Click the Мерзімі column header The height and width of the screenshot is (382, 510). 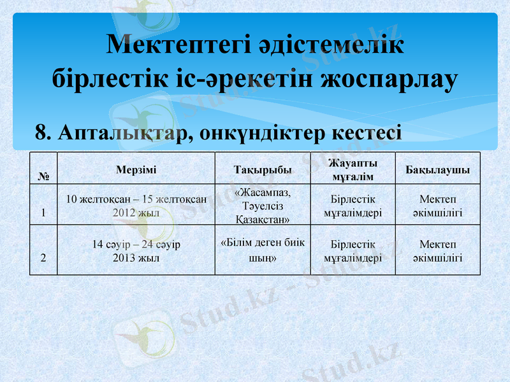(x=136, y=169)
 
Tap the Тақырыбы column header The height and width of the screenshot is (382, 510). (x=263, y=170)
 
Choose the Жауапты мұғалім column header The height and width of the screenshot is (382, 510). (x=353, y=169)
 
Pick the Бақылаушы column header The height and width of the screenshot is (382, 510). (x=437, y=170)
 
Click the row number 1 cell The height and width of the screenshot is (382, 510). (x=43, y=213)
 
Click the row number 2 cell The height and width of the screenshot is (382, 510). (x=43, y=258)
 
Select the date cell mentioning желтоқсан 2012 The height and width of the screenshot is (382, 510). (x=136, y=206)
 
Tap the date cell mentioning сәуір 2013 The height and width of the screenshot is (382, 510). (x=136, y=251)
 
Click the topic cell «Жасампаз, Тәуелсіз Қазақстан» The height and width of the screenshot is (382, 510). (x=263, y=206)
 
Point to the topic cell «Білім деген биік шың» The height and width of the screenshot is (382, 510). (x=263, y=250)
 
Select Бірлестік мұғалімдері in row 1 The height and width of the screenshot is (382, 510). (x=353, y=206)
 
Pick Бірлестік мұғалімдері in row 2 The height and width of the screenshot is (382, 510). (x=353, y=251)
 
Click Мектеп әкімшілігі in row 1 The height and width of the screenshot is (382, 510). (x=437, y=206)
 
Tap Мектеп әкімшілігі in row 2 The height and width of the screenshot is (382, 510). (x=437, y=251)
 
